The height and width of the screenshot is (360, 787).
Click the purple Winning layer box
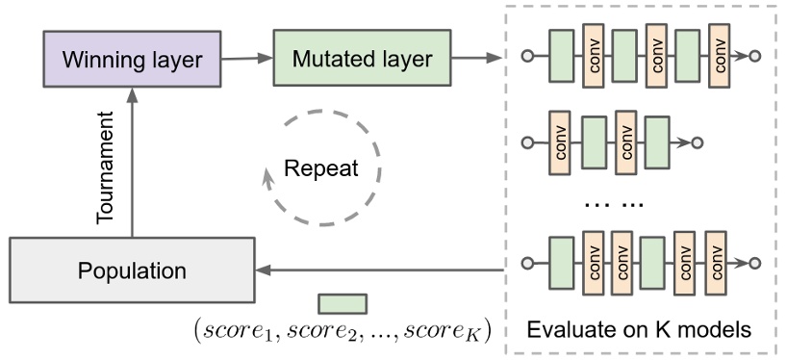[133, 60]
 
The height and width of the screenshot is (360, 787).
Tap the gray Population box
[132, 270]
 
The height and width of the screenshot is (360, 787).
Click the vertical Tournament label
[108, 168]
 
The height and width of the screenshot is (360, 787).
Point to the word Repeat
[321, 169]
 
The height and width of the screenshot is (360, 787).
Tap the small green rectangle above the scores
[343, 304]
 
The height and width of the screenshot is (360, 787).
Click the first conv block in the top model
[593, 55]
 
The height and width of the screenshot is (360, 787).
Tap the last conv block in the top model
[719, 55]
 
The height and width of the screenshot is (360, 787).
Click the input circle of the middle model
[526, 143]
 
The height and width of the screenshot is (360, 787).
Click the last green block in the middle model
[656, 143]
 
